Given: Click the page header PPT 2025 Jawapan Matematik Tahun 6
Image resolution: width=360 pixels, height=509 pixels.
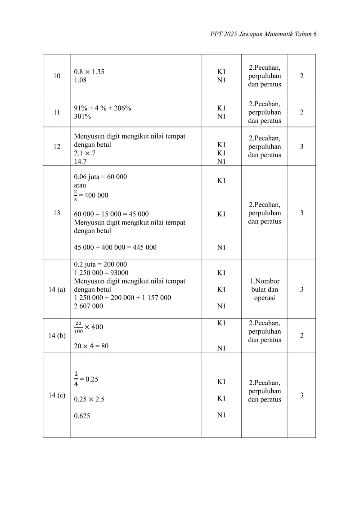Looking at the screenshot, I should tap(263, 34).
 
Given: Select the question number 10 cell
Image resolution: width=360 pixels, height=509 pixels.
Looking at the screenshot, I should tap(57, 76).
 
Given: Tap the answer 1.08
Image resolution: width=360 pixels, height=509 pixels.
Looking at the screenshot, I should tap(81, 80).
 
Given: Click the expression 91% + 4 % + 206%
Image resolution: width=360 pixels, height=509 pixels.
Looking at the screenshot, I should tap(103, 108).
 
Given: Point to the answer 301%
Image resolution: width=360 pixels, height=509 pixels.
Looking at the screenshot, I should tap(82, 117).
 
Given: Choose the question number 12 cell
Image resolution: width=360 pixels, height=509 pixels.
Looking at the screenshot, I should tap(57, 147).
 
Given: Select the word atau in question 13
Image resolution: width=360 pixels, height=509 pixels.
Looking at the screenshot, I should tap(80, 185).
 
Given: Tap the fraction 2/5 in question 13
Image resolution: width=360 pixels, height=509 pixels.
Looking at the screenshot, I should tap(76, 195).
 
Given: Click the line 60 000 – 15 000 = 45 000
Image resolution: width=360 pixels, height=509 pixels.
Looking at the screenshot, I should tap(111, 214).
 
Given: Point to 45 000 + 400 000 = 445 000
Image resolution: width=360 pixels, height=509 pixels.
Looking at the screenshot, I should tap(115, 247).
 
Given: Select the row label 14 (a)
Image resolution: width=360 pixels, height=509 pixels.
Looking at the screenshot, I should tap(57, 289).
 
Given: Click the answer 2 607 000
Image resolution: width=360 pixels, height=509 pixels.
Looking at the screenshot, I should tap(88, 306).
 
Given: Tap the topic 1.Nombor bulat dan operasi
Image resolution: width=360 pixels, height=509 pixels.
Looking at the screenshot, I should tap(265, 289).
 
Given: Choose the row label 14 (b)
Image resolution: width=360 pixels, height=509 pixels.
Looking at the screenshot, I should tap(57, 336).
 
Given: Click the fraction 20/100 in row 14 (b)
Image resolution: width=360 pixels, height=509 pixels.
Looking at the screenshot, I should tap(78, 327).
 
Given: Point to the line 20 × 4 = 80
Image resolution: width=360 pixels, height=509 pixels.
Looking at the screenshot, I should tap(91, 346).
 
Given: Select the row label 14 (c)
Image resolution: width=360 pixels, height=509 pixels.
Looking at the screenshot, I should tap(57, 396).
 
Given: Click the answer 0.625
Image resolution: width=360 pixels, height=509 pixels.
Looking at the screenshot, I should tap(82, 416).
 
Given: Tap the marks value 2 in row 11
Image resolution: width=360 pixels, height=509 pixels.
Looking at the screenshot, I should tap(301, 112).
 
